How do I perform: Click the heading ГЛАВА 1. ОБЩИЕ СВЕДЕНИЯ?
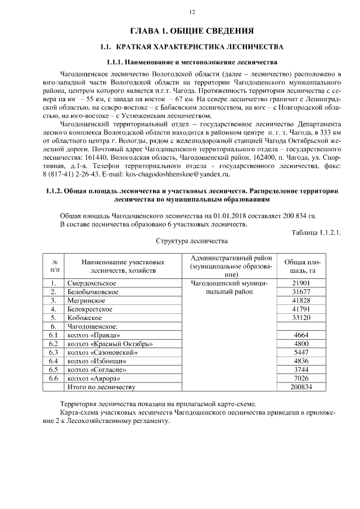click(x=191, y=30)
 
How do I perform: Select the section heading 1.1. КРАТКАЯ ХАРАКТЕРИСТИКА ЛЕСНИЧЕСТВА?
click(x=191, y=46)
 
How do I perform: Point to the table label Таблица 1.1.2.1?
click(x=317, y=232)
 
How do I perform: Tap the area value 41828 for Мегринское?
click(x=301, y=300)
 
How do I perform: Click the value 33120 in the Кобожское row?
click(x=301, y=318)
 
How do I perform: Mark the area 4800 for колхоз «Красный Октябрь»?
click(x=301, y=344)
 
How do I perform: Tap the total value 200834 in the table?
click(x=301, y=387)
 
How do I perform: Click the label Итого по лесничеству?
click(x=101, y=387)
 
